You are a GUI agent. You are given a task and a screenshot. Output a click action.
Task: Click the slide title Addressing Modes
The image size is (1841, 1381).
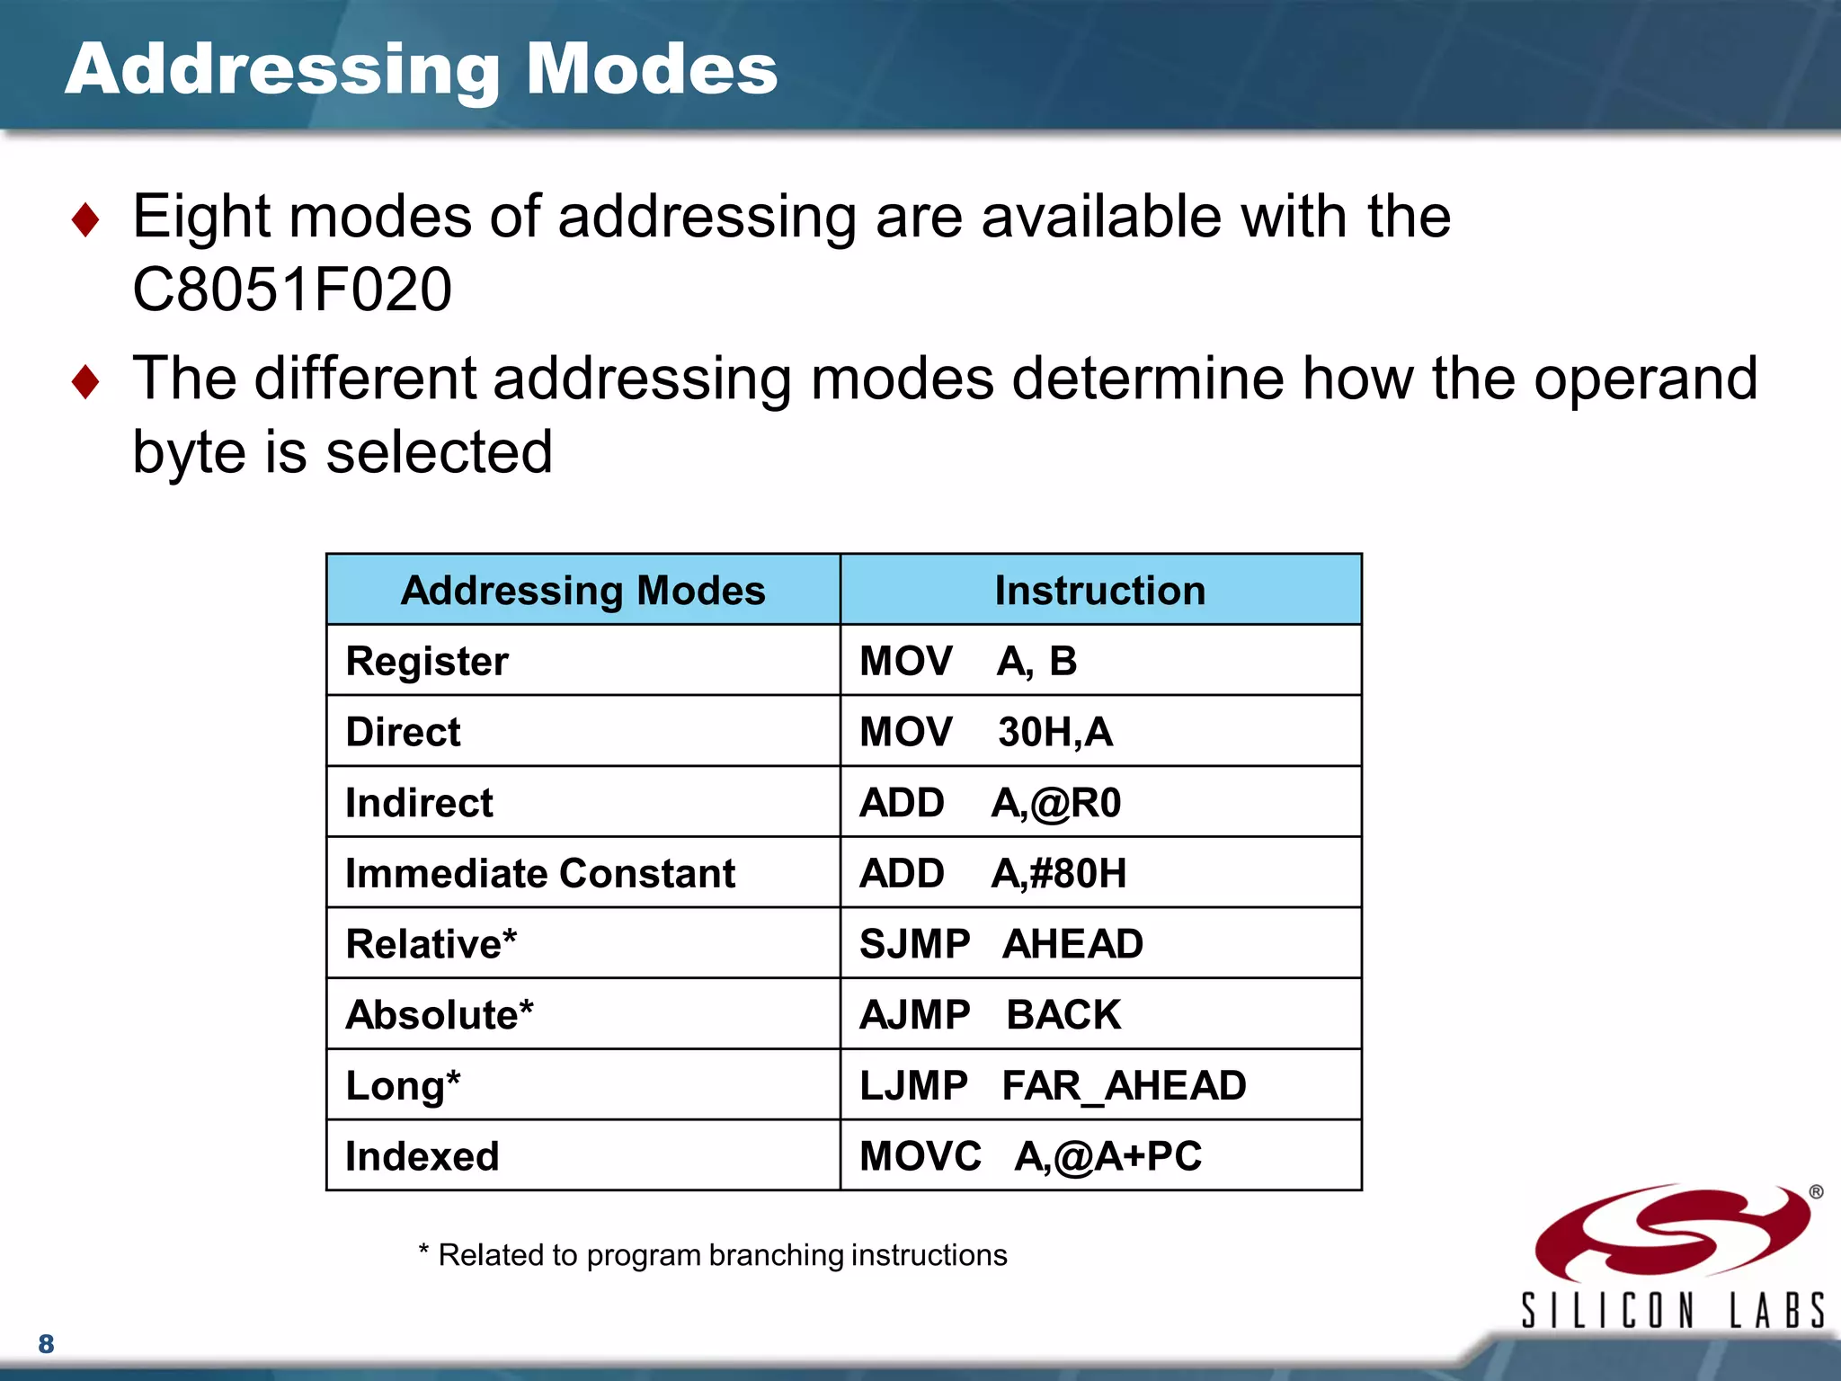click(421, 69)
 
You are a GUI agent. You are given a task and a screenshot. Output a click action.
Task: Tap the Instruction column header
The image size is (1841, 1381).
click(1099, 591)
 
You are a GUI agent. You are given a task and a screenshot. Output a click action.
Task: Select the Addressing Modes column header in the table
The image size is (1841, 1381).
click(583, 591)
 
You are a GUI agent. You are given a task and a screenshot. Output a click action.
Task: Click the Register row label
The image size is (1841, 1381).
click(427, 662)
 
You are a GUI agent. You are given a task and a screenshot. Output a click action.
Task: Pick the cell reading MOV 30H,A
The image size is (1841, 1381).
click(985, 732)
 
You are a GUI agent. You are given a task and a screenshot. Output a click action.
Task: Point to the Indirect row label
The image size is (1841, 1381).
click(419, 803)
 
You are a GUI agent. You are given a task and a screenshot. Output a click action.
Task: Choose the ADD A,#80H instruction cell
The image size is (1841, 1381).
click(992, 874)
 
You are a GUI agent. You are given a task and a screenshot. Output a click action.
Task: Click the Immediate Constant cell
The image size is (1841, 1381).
click(540, 874)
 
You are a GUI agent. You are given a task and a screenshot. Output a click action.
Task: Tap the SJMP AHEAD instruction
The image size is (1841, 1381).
click(1001, 944)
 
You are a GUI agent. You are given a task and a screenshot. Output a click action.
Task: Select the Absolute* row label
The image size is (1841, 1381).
click(440, 1015)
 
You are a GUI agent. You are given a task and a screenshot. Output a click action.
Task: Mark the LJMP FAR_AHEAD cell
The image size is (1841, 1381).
click(1052, 1086)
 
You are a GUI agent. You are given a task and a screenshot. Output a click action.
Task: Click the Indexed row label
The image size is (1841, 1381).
click(422, 1157)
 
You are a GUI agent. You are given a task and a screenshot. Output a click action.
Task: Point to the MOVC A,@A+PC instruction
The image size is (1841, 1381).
click(1030, 1157)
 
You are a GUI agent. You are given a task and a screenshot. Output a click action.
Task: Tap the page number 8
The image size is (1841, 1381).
click(46, 1344)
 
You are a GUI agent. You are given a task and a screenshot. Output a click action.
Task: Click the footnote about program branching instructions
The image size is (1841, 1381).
click(713, 1255)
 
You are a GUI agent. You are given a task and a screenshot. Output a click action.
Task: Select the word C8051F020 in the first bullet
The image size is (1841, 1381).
click(292, 290)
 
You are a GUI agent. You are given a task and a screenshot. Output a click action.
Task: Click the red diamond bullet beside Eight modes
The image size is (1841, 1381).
click(85, 219)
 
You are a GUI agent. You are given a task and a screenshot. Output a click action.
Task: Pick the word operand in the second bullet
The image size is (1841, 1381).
click(1645, 379)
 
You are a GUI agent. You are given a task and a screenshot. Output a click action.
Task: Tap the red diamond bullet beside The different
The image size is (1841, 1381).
click(85, 381)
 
